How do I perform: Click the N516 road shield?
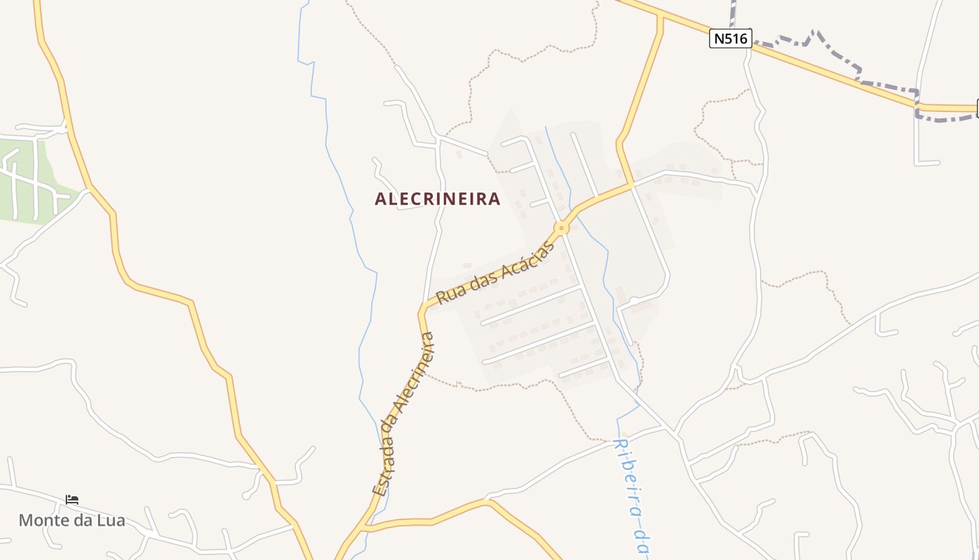click(731, 38)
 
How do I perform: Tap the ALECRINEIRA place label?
click(438, 199)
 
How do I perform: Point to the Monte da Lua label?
click(71, 520)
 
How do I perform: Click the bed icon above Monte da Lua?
click(72, 500)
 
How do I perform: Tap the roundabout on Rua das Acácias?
click(561, 228)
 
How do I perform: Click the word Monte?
click(45, 520)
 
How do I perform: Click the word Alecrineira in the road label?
click(416, 374)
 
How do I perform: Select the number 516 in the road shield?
click(736, 38)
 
